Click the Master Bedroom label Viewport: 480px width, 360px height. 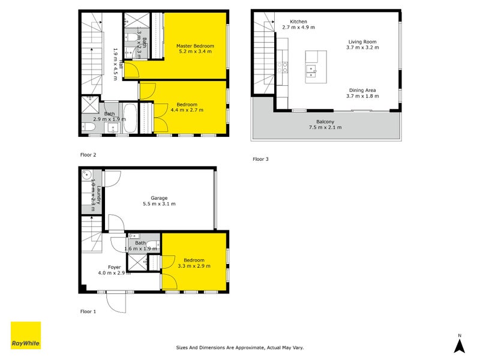195,46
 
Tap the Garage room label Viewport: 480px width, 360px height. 159,197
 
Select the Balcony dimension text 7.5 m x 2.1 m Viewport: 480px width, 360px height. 325,127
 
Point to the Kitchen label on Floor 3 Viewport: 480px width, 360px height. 298,22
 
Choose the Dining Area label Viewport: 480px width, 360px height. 364,89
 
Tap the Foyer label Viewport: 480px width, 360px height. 114,267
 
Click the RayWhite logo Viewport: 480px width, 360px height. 26,335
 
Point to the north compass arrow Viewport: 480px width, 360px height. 459,344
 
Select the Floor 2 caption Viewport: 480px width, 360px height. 88,155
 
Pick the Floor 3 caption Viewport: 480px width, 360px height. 260,159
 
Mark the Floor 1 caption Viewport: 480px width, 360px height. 88,311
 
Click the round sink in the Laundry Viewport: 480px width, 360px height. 87,176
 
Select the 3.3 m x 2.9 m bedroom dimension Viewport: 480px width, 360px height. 194,266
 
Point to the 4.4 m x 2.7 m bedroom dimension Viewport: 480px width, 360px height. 187,110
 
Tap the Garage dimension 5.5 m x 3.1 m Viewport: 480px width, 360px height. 159,204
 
